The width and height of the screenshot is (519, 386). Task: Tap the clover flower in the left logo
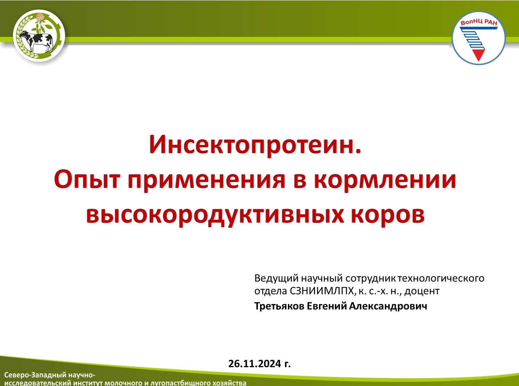pos(40,18)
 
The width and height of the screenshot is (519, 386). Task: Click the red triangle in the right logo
pos(478,56)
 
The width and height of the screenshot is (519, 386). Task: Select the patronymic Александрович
pos(388,306)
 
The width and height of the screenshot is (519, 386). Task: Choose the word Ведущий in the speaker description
pos(276,279)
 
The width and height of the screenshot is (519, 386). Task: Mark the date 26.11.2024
pos(255,364)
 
